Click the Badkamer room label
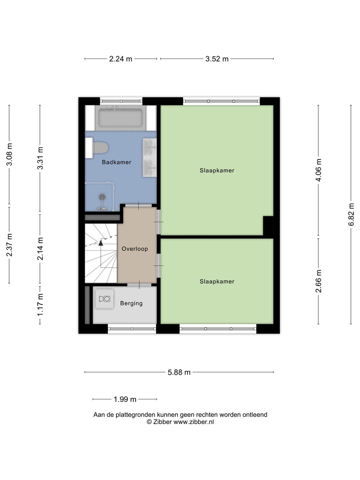(117, 162)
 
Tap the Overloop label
(135, 249)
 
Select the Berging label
(131, 303)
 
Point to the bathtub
(120, 118)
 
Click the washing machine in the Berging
(104, 299)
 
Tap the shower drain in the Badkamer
(102, 197)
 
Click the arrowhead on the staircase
(101, 243)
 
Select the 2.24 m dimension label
(121, 59)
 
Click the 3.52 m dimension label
(217, 59)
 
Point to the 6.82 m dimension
(351, 214)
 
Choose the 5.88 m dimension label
(179, 372)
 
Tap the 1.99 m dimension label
(125, 399)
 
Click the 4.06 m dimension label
(318, 170)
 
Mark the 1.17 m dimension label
(40, 305)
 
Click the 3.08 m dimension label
(9, 154)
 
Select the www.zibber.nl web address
(193, 422)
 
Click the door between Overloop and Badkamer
(139, 206)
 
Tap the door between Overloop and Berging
(139, 285)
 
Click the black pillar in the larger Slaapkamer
(268, 226)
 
